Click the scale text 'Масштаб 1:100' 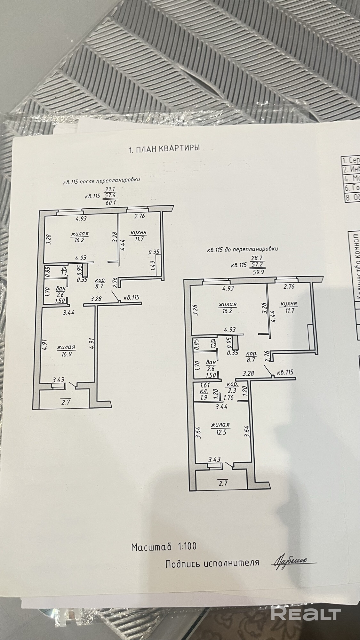(x=164, y=546)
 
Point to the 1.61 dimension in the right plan (x=204, y=386)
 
